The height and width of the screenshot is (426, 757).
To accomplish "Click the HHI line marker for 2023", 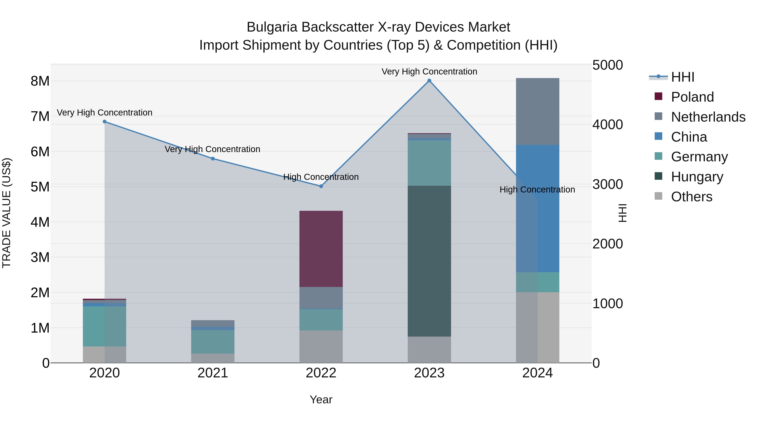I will [x=429, y=81].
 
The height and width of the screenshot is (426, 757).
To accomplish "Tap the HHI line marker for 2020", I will [x=105, y=121].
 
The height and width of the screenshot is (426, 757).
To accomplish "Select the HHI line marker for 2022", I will [x=321, y=186].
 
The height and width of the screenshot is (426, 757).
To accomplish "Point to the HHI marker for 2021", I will [x=213, y=159].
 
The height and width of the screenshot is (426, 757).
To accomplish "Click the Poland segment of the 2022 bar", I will [x=321, y=249].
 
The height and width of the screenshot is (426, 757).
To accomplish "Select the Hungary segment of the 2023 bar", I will [x=429, y=261].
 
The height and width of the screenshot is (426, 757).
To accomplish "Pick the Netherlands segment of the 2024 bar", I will [x=537, y=111].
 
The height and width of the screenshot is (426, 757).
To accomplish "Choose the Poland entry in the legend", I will [x=692, y=97].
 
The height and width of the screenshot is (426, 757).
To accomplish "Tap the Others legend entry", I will [x=691, y=197].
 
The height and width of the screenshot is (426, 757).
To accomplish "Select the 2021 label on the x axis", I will [x=213, y=373].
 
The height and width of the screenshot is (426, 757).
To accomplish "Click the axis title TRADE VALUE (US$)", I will [x=7, y=213].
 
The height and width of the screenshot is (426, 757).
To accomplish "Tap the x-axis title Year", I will [x=321, y=399].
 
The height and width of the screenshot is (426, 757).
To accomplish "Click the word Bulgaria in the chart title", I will [x=273, y=27].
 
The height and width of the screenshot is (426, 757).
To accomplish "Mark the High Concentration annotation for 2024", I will [x=537, y=190].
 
